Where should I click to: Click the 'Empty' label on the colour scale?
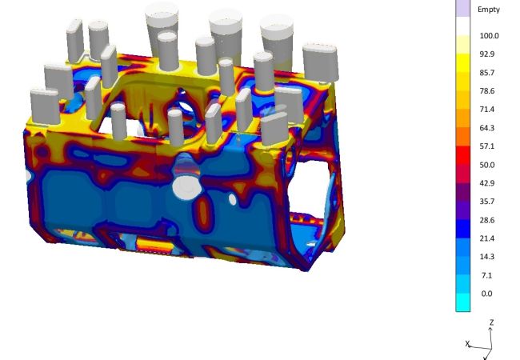coord(489,10)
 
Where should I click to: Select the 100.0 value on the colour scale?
coord(489,36)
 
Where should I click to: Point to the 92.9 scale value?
coord(487,54)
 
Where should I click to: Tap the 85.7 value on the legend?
coord(487,73)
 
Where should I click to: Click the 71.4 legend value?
coord(487,110)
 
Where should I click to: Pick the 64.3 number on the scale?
coord(487,128)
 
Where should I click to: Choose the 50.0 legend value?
coord(487,165)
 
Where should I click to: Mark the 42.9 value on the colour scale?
coord(487,183)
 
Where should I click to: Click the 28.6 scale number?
coord(487,221)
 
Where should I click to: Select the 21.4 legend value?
coord(487,238)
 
